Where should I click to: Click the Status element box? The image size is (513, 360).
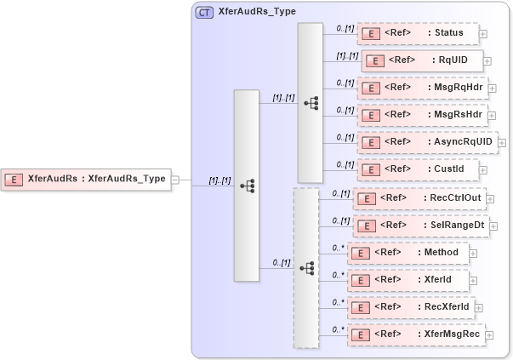coord(417,33)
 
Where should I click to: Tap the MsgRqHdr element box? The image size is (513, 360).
coord(421,88)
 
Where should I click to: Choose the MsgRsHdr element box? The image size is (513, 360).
coord(421,114)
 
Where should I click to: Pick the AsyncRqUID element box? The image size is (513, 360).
coord(425,141)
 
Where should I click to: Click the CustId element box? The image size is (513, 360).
coord(417,169)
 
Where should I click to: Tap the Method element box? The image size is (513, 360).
coord(408,253)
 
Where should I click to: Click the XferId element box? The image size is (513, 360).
coord(408,280)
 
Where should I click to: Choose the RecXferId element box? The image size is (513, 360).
coord(411,307)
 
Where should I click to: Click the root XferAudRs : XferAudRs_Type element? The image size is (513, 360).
coord(86,179)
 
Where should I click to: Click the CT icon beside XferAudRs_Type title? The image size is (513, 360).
coord(205,13)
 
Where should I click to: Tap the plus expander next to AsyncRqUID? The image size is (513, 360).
coord(502,142)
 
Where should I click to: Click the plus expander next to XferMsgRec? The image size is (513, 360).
coord(492,335)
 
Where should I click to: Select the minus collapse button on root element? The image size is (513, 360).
coord(175,179)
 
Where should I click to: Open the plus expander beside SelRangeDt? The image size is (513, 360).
coord(493,226)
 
